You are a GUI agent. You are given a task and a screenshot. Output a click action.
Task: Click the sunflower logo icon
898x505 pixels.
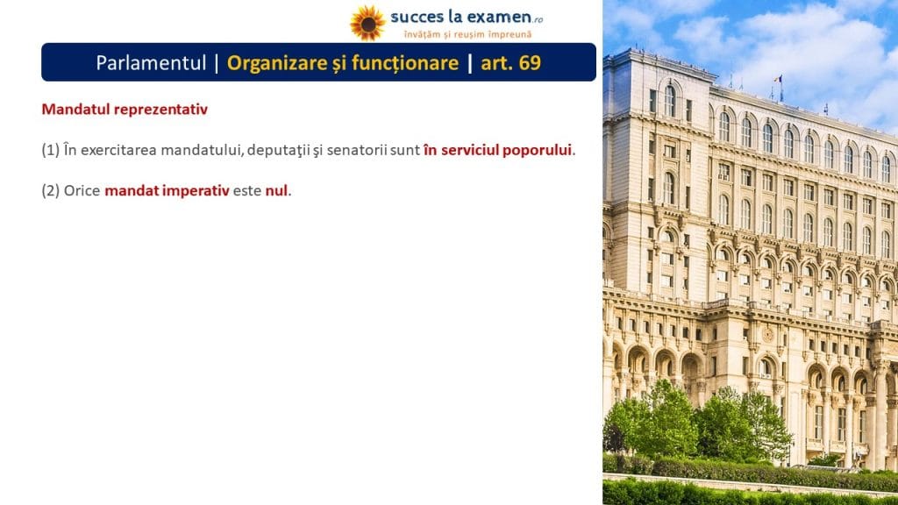point(367,23)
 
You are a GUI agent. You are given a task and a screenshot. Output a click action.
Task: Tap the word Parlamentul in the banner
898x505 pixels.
point(151,62)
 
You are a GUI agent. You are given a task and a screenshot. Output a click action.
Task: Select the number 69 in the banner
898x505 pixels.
point(529,62)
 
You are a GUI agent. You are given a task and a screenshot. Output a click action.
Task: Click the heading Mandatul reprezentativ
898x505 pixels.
point(125,109)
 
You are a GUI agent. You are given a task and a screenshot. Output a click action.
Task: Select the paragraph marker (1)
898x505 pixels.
point(50,150)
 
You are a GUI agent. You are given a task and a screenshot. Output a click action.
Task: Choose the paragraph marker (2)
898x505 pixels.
point(50,190)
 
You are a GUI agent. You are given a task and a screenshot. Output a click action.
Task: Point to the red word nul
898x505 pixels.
point(276,190)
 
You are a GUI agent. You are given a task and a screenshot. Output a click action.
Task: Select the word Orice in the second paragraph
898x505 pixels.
point(82,190)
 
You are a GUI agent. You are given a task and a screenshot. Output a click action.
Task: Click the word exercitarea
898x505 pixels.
point(118,150)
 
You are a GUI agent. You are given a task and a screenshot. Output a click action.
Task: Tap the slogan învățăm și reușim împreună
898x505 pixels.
point(468,34)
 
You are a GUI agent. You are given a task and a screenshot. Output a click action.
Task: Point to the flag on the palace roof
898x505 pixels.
point(779,79)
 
